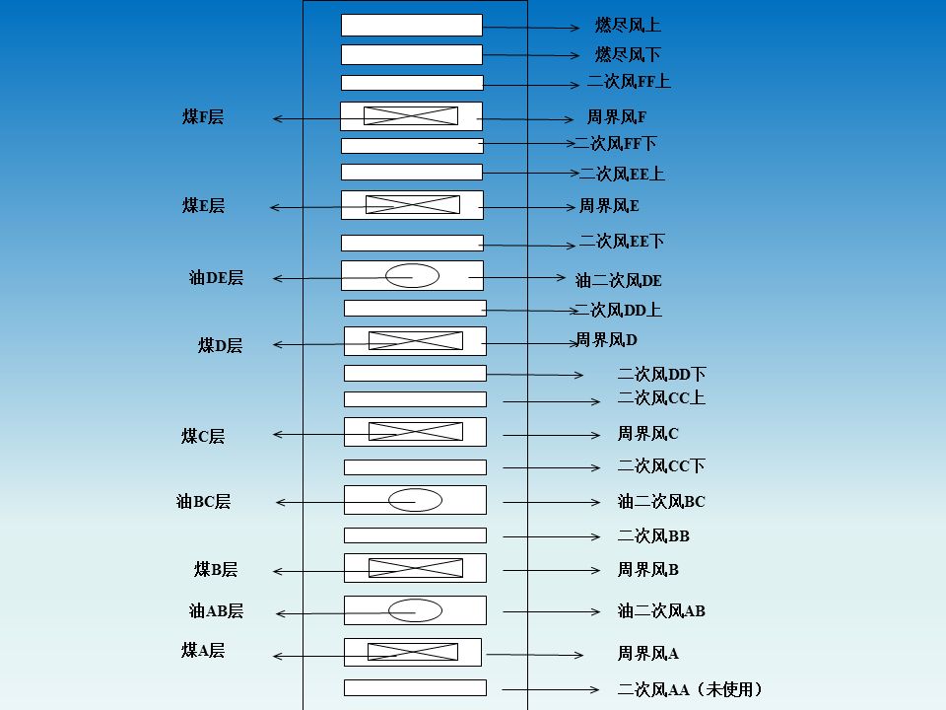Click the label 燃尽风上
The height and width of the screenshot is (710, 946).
tap(628, 26)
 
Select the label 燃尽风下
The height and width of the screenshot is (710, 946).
tap(628, 54)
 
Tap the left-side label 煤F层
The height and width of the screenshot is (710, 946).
tap(203, 117)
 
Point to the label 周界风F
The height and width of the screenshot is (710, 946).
tap(617, 117)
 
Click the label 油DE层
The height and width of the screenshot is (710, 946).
tap(216, 278)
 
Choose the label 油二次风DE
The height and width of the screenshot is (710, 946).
tap(619, 281)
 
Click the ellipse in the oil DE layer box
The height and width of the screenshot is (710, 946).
tap(412, 276)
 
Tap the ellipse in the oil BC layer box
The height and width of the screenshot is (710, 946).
tap(415, 500)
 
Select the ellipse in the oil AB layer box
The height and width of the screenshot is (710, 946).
tap(415, 610)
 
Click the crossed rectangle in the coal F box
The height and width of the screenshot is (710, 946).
tap(411, 116)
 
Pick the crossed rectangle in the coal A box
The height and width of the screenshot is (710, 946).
tap(413, 652)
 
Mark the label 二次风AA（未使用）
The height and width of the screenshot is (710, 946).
tap(691, 690)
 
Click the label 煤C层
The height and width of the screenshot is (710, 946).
tap(203, 436)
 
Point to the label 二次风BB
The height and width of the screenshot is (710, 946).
tap(653, 536)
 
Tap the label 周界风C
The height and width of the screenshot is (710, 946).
tap(648, 434)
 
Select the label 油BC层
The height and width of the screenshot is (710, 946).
tap(204, 502)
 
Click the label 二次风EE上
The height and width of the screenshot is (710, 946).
tap(622, 175)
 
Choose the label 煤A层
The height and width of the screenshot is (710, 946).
tap(203, 651)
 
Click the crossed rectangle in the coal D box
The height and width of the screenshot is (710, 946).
tap(415, 340)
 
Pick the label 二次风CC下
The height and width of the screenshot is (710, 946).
tap(661, 466)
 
